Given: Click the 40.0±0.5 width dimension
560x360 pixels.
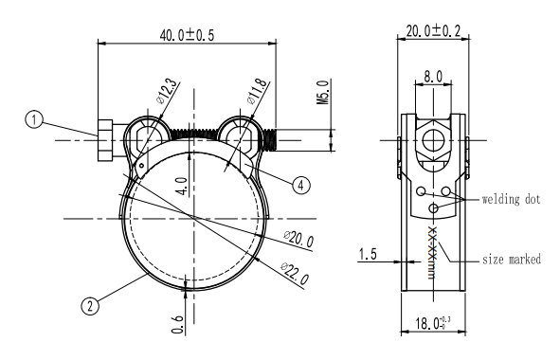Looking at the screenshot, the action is pyautogui.click(x=187, y=35).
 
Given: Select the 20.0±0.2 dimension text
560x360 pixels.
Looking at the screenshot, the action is pyautogui.click(x=433, y=30).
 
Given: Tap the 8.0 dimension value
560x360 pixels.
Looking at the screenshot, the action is pyautogui.click(x=433, y=77).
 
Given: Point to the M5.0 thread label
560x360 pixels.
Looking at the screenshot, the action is pyautogui.click(x=322, y=92).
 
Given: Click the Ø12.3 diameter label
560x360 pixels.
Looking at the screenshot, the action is pyautogui.click(x=166, y=91).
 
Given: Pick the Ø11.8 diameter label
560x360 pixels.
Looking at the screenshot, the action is pyautogui.click(x=257, y=92).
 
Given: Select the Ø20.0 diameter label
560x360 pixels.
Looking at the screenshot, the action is pyautogui.click(x=298, y=239).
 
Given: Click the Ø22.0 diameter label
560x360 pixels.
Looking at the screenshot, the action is pyautogui.click(x=295, y=273).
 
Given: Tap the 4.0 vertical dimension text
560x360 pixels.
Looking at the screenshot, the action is pyautogui.click(x=182, y=186).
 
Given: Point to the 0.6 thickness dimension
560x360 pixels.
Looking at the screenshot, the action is pyautogui.click(x=178, y=324).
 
